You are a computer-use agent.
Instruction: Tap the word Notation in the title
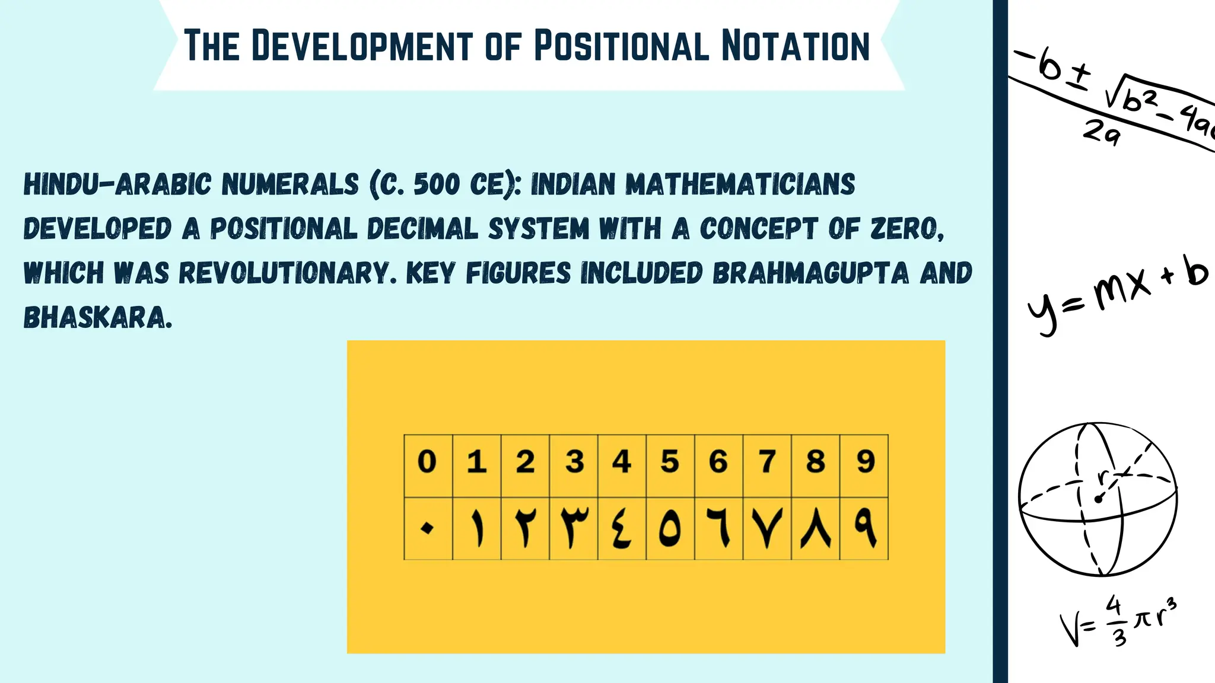(x=796, y=46)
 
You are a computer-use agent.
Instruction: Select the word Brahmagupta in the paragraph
(x=810, y=273)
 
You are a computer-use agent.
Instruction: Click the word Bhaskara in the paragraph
(x=97, y=318)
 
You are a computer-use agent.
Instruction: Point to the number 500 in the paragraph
(x=437, y=184)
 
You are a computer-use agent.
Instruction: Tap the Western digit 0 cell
(x=428, y=462)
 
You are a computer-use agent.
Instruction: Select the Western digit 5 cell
(x=670, y=462)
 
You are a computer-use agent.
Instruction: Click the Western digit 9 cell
(x=865, y=462)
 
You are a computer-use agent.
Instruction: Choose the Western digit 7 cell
(x=767, y=462)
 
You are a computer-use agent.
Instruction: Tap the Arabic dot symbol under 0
(x=427, y=528)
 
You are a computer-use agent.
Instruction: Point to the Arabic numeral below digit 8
(x=816, y=528)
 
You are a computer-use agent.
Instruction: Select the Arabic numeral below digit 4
(x=621, y=528)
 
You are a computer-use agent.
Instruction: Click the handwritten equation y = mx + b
(x=1118, y=296)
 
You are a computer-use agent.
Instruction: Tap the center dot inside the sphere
(x=1098, y=499)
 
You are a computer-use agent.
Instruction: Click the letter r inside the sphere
(x=1103, y=476)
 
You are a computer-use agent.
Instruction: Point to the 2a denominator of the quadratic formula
(x=1101, y=132)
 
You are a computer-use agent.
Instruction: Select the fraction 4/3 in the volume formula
(x=1116, y=621)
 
